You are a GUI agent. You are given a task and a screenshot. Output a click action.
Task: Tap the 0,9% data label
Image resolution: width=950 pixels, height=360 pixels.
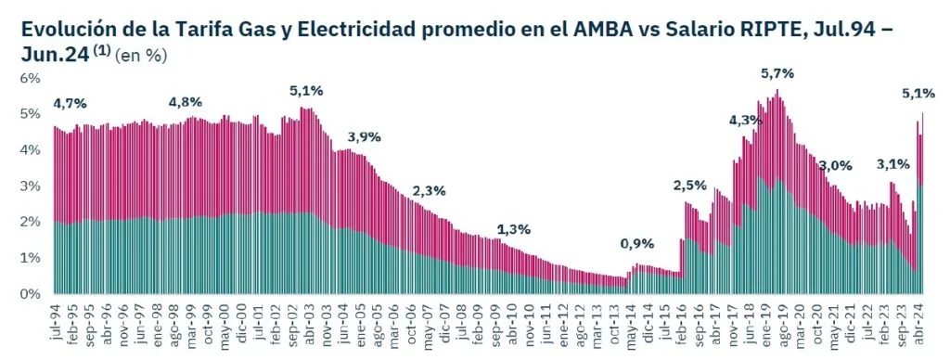point(638,244)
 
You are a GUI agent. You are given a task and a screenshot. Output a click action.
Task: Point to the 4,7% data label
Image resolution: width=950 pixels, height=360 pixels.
point(71,103)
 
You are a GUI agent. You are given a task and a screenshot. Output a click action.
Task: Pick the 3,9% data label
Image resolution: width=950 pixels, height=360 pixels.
point(364,137)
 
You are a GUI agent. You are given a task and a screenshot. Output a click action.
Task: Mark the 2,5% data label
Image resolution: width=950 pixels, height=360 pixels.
point(690,186)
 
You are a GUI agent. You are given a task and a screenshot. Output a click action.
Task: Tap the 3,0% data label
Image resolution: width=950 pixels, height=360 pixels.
point(835,165)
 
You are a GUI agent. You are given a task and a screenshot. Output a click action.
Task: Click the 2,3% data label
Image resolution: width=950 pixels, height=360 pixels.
point(430,191)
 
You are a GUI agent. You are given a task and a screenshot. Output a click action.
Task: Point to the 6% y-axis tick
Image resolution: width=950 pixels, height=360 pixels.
point(31,78)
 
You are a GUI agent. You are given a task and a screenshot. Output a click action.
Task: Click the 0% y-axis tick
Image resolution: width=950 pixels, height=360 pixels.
point(31,294)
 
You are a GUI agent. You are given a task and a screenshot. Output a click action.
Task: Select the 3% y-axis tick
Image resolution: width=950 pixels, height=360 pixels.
point(31,186)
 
